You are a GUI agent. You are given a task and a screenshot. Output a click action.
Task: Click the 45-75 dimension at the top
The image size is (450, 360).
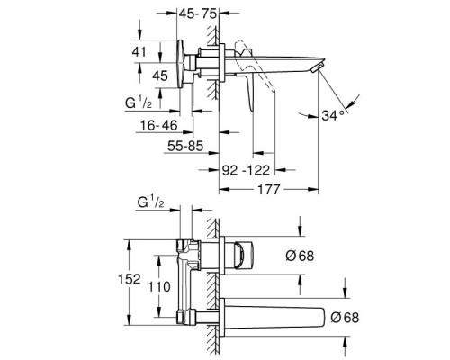[x=198, y=13]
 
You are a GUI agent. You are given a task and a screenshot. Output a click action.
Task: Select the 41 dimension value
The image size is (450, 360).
[x=139, y=52]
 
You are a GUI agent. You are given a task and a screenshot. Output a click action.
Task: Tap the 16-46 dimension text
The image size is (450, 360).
[x=159, y=125]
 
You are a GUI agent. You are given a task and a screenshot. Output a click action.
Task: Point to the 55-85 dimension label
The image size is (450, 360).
[x=185, y=146]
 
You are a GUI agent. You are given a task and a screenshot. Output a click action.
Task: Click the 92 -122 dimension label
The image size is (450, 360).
[x=246, y=170]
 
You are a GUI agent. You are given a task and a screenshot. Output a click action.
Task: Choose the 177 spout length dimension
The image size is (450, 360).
[x=268, y=189]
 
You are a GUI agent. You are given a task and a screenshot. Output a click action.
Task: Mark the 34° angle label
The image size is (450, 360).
[x=333, y=115]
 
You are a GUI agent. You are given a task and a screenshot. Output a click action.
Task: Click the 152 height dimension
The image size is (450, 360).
[x=130, y=279]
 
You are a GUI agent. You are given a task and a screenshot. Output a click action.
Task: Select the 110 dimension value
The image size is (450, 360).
[x=159, y=287]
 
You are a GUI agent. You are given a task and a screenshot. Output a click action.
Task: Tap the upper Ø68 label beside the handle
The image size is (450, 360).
[x=300, y=256]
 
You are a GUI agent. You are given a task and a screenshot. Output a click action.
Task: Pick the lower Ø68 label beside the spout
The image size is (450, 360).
[x=345, y=318]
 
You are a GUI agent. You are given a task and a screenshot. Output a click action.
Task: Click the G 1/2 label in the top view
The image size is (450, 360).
[x=139, y=103]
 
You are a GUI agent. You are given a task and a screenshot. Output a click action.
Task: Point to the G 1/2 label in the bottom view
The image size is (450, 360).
[x=150, y=202]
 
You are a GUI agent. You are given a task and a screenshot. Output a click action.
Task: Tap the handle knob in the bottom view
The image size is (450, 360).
[x=244, y=256]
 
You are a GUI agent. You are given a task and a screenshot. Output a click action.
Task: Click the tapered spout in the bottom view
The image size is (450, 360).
[x=274, y=318]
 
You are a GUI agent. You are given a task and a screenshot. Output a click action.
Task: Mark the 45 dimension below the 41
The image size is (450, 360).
[x=160, y=76]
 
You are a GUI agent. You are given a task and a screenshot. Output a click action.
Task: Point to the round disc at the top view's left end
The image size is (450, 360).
[x=181, y=64]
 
